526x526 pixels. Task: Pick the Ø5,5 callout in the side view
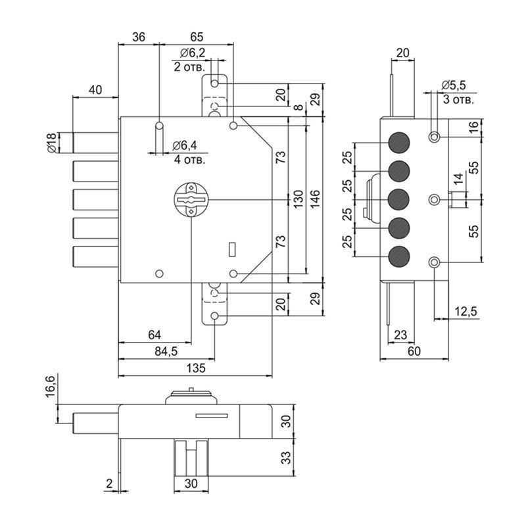[454, 86]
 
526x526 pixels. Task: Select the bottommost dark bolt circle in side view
[399, 256]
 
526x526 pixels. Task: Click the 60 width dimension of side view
[414, 351]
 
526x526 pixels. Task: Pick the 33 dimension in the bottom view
[287, 458]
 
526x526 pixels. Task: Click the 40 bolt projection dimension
[95, 90]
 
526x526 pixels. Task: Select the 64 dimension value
[155, 335]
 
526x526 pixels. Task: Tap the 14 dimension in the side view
[458, 179]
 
